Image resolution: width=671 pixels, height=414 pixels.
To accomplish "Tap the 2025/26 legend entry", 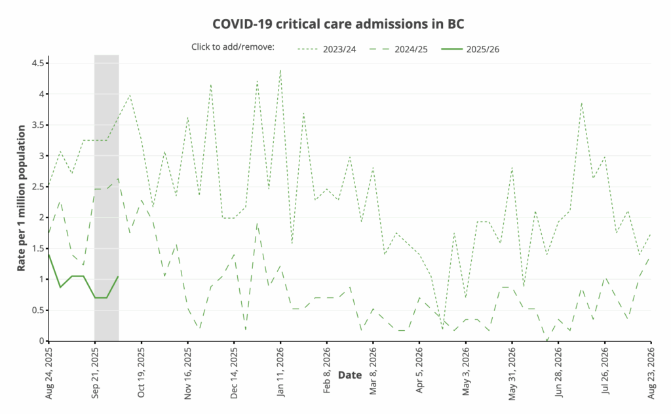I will pos(483,48).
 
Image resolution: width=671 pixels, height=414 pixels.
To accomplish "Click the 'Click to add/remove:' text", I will pos(233,47).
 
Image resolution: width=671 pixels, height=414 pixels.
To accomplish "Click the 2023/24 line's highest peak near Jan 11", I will pos(280,69).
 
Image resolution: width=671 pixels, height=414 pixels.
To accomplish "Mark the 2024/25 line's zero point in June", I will pos(547,341).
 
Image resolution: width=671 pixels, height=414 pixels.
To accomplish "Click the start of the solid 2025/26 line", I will pos(48,254).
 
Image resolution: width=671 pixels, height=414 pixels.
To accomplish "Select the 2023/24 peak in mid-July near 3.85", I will pos(581,103).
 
